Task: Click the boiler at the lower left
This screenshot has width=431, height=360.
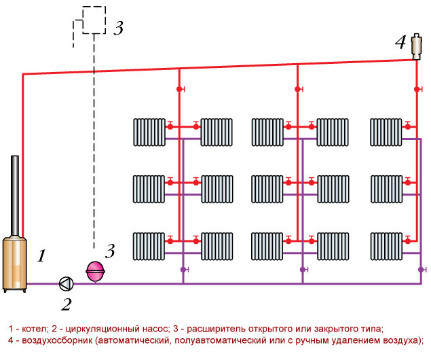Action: (15, 262)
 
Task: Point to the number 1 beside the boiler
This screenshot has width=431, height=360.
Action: (41, 256)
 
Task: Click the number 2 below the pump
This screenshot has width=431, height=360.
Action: (66, 304)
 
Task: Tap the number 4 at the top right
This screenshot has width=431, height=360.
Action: (400, 43)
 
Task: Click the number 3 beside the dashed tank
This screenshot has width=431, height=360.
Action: (118, 29)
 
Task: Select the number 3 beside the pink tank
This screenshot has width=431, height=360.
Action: (110, 251)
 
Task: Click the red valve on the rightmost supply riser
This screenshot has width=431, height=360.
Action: (416, 89)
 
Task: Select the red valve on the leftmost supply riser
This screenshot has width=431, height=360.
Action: (180, 89)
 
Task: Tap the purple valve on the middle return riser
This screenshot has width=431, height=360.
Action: (302, 270)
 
